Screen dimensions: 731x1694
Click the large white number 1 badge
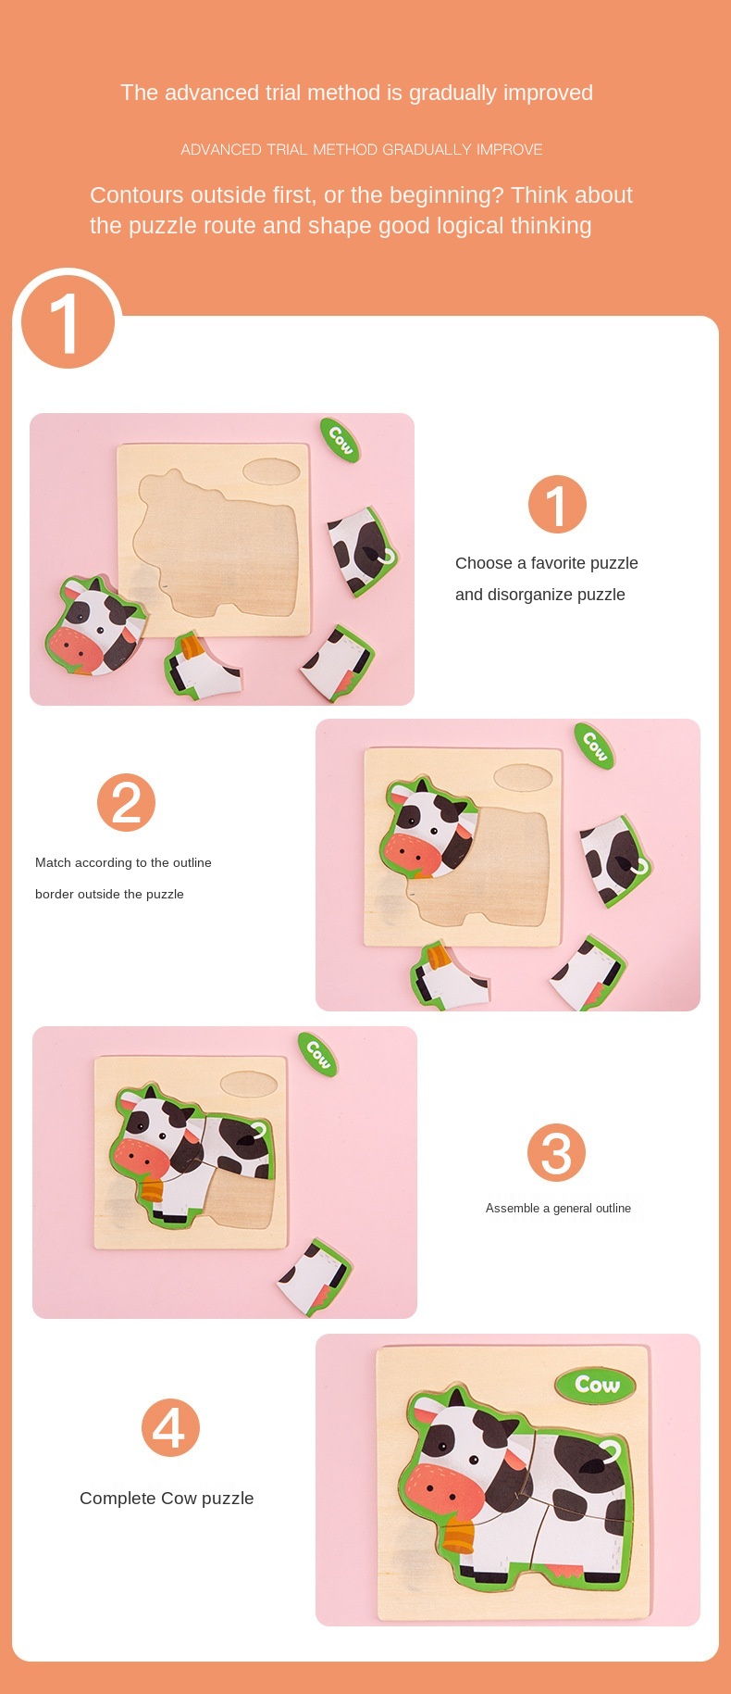(68, 323)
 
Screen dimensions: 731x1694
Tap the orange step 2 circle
(126, 803)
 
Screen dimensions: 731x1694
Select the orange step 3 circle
(556, 1153)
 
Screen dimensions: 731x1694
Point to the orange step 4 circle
(170, 1427)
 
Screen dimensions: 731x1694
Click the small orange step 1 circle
(557, 505)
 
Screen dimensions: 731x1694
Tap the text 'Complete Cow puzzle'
(167, 1499)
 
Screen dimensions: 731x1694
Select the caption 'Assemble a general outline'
(558, 1208)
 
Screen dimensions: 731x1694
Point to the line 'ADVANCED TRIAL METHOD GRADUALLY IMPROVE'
(362, 149)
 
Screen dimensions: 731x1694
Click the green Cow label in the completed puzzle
(597, 1385)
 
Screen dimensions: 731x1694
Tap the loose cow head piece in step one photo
(95, 626)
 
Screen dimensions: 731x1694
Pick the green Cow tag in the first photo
(341, 440)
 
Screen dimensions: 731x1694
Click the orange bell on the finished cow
(458, 1535)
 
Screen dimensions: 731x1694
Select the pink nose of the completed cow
(445, 1487)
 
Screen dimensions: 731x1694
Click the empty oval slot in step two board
(523, 778)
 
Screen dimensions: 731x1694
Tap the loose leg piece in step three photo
(315, 1276)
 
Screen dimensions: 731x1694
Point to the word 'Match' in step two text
(53, 862)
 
